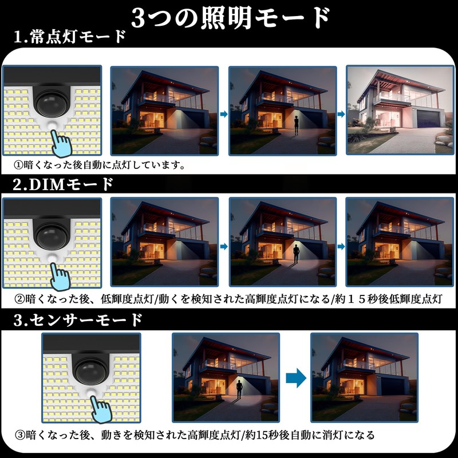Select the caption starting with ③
(x=195, y=435)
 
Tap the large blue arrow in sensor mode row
(x=295, y=378)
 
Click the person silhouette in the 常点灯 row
(x=297, y=124)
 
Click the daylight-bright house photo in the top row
(x=397, y=109)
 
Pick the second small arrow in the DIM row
(x=341, y=246)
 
